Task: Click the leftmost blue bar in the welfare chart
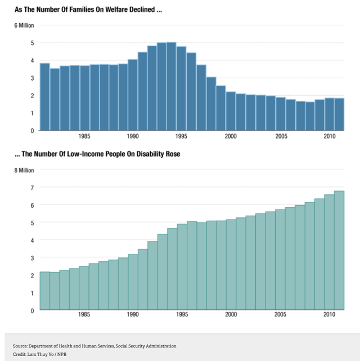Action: (44, 97)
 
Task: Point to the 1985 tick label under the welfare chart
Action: (84, 136)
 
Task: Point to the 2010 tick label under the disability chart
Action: (329, 315)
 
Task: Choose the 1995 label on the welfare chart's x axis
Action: (182, 136)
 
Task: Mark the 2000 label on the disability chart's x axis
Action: (231, 315)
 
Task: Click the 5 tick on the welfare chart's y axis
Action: (32, 43)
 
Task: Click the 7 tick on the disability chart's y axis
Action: (32, 188)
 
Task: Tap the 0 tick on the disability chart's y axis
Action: (32, 310)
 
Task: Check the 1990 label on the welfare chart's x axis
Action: (133, 136)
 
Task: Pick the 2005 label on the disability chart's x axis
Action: (280, 315)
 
